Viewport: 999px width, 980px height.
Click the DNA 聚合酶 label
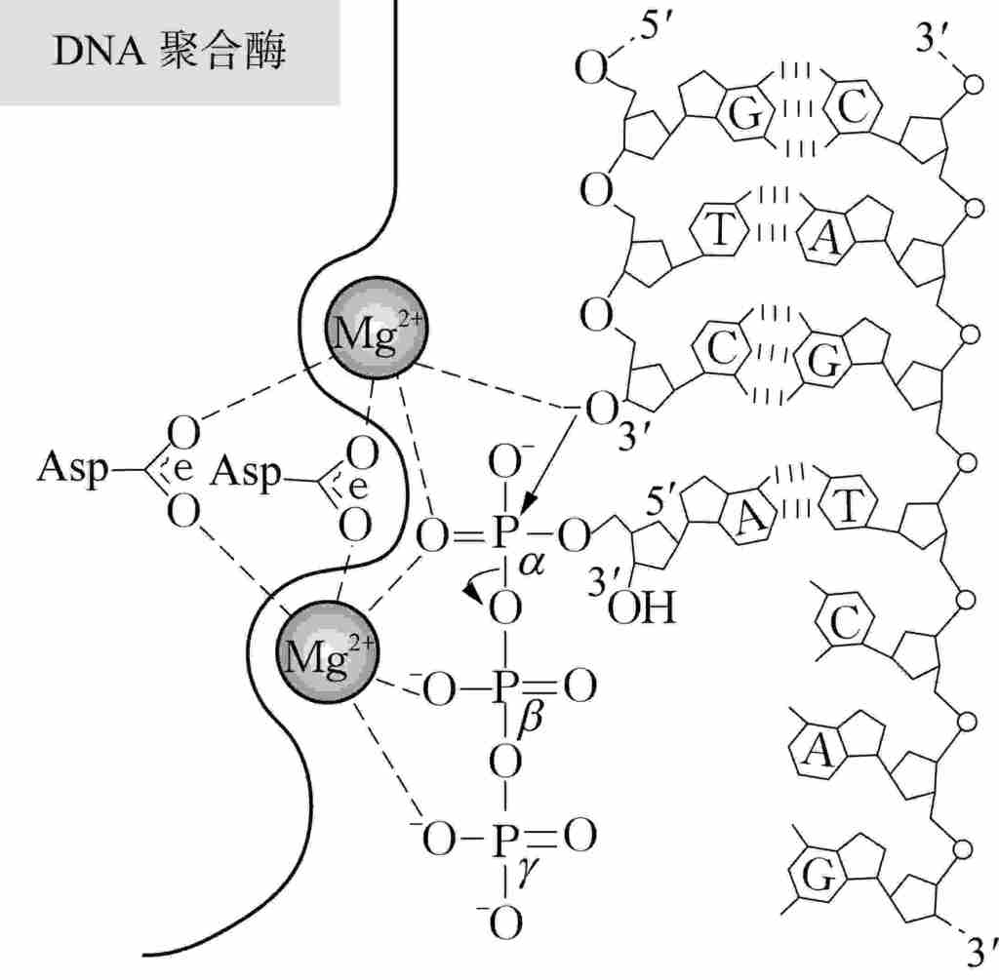pyautogui.click(x=169, y=52)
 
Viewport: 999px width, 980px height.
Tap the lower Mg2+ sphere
pyautogui.click(x=326, y=647)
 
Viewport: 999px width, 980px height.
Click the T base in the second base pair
pyautogui.click(x=719, y=231)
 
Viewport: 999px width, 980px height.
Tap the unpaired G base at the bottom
pyautogui.click(x=820, y=878)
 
